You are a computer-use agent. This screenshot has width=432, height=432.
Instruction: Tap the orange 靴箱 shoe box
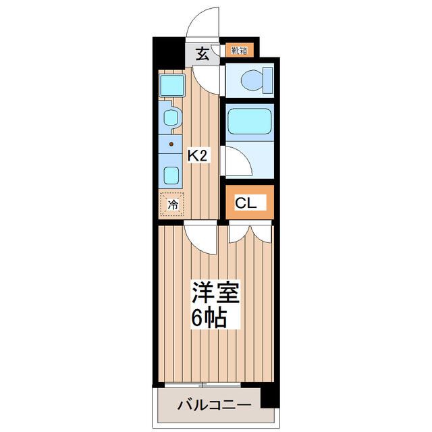pos(239,50)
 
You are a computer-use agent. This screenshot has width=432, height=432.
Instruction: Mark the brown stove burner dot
pos(171,144)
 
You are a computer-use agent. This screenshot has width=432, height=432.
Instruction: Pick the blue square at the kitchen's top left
pos(172,86)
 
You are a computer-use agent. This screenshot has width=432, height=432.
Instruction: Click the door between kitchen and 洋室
pos(200,238)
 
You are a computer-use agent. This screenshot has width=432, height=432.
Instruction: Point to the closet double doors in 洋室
pos(250,234)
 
